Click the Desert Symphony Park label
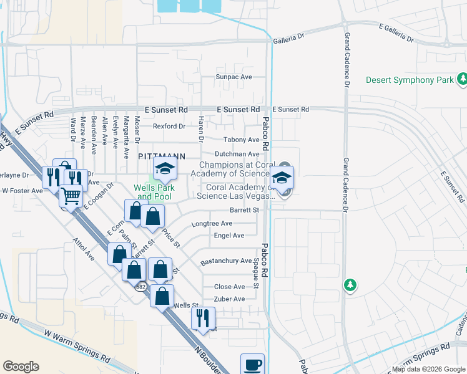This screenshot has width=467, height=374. point(409,80)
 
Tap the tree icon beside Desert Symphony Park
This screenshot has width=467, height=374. point(463,79)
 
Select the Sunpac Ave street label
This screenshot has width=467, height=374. point(234,77)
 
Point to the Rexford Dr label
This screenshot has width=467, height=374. point(169,127)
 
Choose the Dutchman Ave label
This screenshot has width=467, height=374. point(237,154)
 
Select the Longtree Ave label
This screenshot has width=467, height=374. point(212,223)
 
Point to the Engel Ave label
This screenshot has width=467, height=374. point(229,236)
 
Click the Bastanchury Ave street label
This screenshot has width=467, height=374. point(226,261)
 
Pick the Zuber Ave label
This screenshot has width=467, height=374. point(229,299)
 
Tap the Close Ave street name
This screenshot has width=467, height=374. point(229,287)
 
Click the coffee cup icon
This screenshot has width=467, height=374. point(252,364)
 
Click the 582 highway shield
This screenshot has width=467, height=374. point(141,286)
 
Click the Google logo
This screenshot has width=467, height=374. point(21,367)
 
